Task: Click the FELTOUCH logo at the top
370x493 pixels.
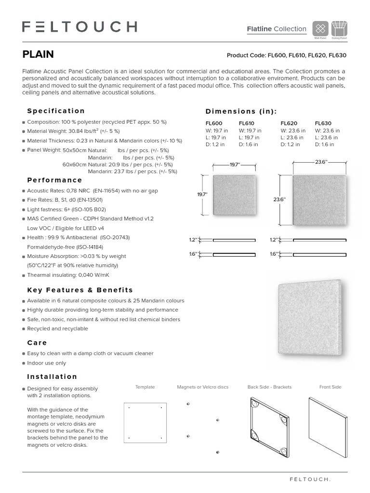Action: (79, 27)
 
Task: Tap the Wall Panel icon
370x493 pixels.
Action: (320, 27)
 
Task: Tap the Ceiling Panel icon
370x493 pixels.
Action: (338, 27)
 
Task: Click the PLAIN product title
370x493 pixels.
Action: (38, 54)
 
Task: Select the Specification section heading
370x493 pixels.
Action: (56, 111)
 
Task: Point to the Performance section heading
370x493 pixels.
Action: (54, 180)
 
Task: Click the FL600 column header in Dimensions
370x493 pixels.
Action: (214, 123)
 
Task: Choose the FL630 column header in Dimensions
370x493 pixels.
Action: (323, 123)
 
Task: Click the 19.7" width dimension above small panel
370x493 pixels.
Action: (234, 165)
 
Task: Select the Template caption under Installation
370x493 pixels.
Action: (145, 387)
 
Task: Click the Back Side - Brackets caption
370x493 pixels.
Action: (269, 387)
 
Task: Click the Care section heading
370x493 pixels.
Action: (37, 343)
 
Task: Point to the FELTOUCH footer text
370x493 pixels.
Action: (310, 480)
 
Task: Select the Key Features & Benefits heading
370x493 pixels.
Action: (80, 290)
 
